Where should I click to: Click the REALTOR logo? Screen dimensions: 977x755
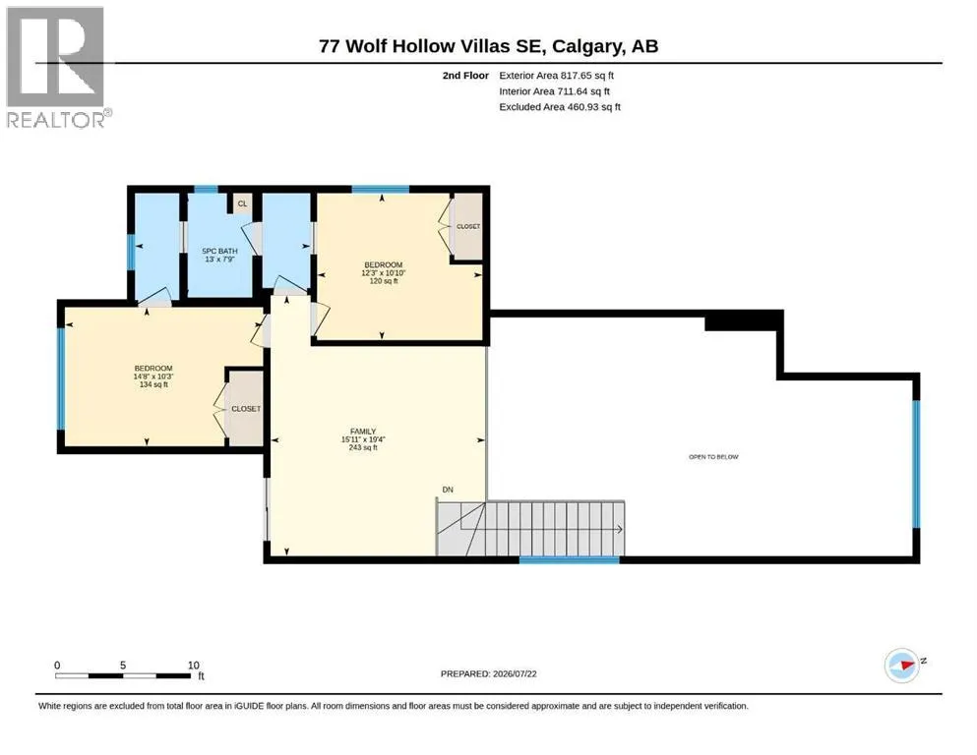click(x=57, y=67)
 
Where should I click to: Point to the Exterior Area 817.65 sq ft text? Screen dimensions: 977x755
click(x=557, y=76)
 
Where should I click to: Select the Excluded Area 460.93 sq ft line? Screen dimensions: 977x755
click(x=560, y=107)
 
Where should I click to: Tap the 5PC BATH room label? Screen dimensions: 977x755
click(x=220, y=251)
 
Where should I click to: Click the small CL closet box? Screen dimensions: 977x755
click(x=242, y=203)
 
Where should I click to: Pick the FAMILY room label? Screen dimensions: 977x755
click(x=363, y=432)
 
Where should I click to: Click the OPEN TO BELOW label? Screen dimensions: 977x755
click(x=713, y=457)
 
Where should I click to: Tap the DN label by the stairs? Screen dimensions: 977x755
click(x=448, y=490)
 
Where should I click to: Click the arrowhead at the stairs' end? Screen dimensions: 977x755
click(x=620, y=529)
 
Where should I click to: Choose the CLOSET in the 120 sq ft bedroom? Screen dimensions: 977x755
click(x=468, y=226)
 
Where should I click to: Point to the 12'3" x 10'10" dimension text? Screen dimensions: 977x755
click(x=383, y=272)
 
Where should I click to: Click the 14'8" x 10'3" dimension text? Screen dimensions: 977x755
click(x=153, y=377)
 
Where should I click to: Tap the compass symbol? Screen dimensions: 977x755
click(x=902, y=665)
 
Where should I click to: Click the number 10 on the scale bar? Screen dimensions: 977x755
click(x=193, y=666)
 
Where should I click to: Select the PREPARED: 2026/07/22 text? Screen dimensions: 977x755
click(x=488, y=673)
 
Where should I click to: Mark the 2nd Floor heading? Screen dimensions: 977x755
click(x=465, y=76)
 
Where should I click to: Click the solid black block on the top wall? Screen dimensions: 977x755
click(x=743, y=321)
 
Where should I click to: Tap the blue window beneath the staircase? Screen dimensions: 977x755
click(x=570, y=560)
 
